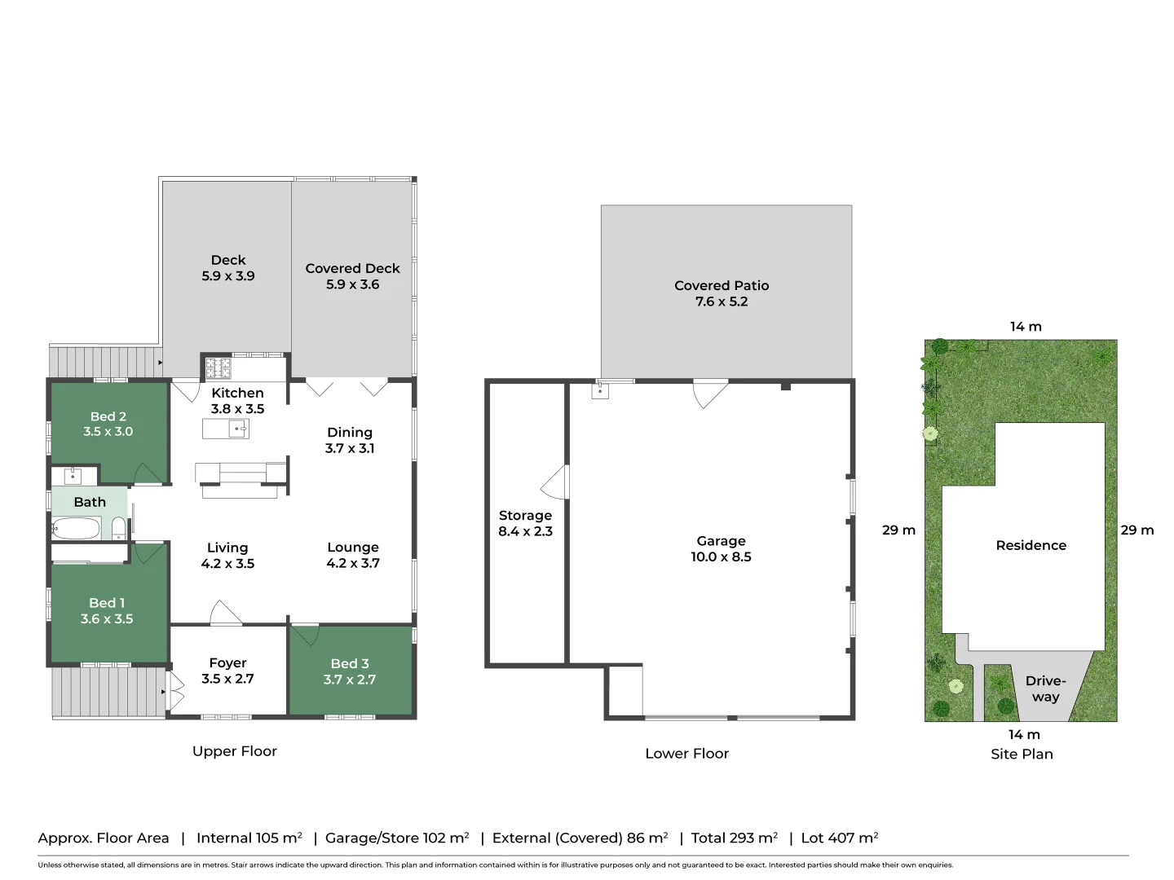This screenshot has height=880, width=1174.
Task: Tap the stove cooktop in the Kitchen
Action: point(218,368)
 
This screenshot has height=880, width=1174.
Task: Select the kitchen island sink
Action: point(237,429)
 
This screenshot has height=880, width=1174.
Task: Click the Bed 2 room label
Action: point(108,416)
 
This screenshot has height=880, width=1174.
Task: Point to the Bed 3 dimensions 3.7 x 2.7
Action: point(350,680)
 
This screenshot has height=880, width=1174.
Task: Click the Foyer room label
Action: point(227,663)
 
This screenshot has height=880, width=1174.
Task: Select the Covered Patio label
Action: point(722,285)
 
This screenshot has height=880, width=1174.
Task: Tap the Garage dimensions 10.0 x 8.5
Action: point(721,557)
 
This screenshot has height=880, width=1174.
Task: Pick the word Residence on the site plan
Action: point(1031,546)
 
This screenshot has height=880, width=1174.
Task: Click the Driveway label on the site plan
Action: point(1045,689)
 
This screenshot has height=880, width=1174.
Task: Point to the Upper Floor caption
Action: point(235,751)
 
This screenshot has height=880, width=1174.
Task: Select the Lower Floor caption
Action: point(686,754)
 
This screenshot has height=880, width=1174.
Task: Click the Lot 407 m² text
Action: point(839,838)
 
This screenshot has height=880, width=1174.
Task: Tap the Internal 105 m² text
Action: point(249,838)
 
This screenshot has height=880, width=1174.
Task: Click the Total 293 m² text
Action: point(734,838)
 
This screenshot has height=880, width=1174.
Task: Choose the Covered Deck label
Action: point(352,268)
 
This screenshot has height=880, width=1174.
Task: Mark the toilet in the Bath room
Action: point(118,528)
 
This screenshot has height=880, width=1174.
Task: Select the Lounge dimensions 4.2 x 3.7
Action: point(353,563)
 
